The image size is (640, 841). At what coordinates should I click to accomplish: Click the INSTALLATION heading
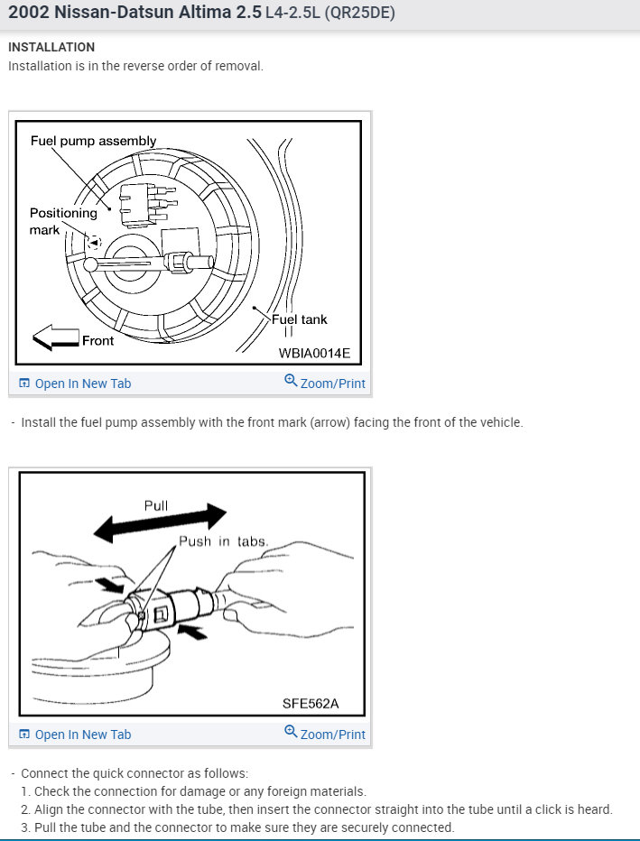click(51, 47)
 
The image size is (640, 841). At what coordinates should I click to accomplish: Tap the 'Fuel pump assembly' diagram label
click(93, 141)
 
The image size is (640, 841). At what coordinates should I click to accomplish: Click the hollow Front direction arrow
click(55, 338)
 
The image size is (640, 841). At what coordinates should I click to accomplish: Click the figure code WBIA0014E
click(314, 354)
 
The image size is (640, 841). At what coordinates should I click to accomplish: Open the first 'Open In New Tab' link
click(82, 384)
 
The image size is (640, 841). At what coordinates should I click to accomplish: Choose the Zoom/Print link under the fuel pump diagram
click(332, 384)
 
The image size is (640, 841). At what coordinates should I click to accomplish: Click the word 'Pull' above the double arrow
click(156, 505)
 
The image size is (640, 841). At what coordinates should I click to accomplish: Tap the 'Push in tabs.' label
click(223, 541)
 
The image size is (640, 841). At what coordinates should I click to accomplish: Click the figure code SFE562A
click(311, 704)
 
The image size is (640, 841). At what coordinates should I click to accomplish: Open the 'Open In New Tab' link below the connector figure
click(82, 735)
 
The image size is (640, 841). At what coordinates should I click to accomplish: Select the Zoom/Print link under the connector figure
click(332, 735)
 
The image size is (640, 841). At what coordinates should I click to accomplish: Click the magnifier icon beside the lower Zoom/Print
click(291, 732)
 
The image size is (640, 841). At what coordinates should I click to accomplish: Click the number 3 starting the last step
click(25, 827)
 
